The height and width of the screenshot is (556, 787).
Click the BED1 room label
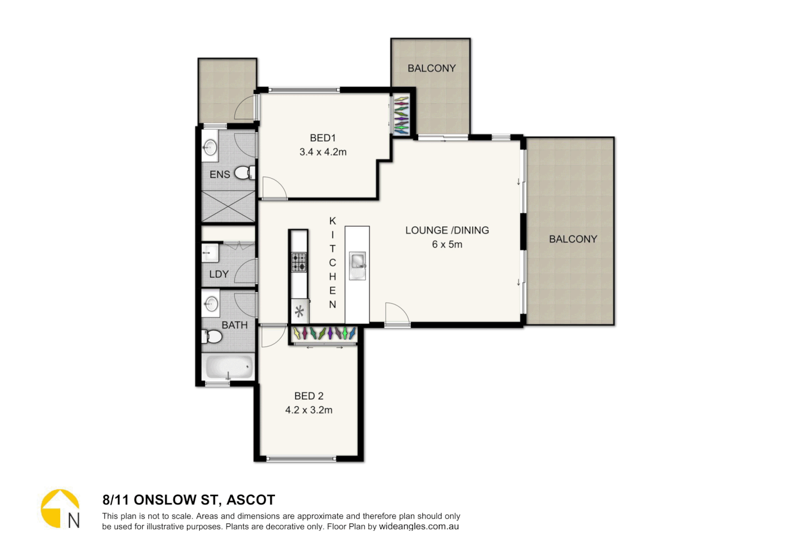[x=322, y=138]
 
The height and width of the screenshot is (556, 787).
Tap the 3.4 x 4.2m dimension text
[x=323, y=152]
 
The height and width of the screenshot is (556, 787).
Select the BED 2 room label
[x=309, y=396]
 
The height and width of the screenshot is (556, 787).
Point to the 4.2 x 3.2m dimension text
[x=309, y=410]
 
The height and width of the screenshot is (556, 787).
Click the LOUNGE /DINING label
[x=447, y=231]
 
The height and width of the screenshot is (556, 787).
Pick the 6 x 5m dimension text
[x=447, y=245]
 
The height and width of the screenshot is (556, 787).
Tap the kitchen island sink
[x=357, y=264]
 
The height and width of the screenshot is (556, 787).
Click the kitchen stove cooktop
[x=299, y=262]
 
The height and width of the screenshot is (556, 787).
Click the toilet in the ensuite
[x=244, y=173]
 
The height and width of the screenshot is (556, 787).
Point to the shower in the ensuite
[x=228, y=206]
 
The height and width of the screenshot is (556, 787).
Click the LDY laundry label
[x=219, y=274]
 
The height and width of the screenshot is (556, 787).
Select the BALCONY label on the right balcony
[x=573, y=239]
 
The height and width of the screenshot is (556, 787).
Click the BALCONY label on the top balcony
[x=431, y=68]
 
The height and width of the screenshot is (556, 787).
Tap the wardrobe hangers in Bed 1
[x=401, y=115]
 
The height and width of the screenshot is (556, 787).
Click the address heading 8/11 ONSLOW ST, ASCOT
[x=189, y=500]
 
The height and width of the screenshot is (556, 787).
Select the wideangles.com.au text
[x=419, y=527]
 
